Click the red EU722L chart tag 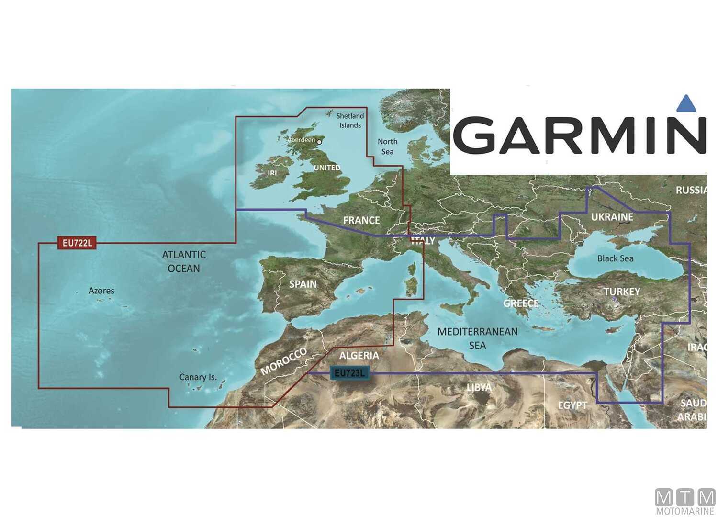[77, 243]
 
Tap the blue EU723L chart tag [349, 373]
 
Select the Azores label [101, 291]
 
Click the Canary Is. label [198, 377]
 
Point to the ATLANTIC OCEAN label [184, 261]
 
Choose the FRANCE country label [361, 220]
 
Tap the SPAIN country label [303, 284]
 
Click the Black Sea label [615, 258]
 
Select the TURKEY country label [622, 292]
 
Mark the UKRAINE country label [612, 217]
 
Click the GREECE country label [521, 303]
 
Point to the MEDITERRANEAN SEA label [477, 338]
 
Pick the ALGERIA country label [359, 355]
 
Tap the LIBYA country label [479, 387]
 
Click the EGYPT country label [572, 405]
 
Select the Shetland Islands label [350, 121]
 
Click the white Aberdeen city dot [320, 141]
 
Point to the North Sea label [387, 146]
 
